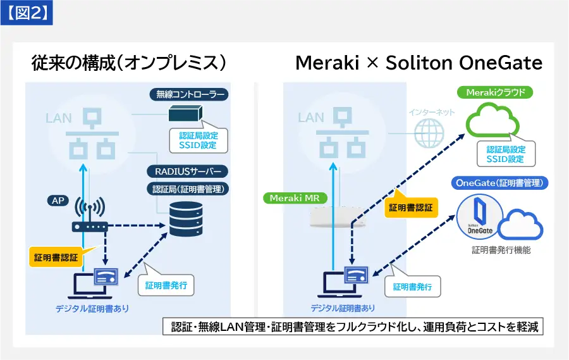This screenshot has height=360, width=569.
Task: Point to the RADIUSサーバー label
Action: pos(187,171)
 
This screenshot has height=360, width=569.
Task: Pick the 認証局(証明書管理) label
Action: pos(188,189)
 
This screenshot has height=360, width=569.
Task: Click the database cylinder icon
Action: pos(186,218)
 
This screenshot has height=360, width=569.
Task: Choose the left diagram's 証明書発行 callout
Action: pos(165,286)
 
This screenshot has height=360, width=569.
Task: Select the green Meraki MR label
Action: pos(295,198)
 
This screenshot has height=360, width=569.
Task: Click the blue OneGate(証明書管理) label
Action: pos(501,183)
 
